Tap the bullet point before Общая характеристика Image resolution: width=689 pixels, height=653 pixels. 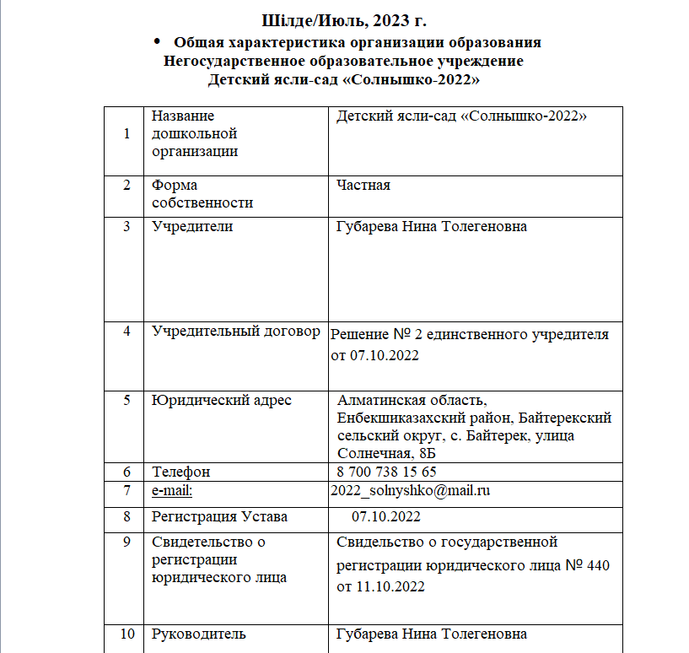click(x=155, y=41)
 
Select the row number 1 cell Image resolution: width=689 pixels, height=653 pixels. click(x=126, y=133)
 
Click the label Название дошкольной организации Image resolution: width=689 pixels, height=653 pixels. click(x=194, y=133)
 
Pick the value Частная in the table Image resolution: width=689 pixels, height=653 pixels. click(x=363, y=185)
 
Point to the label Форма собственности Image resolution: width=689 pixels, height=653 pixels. click(x=202, y=193)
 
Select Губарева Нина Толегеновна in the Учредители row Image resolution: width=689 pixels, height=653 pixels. click(x=431, y=226)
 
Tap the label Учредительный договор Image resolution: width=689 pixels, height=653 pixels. click(x=235, y=331)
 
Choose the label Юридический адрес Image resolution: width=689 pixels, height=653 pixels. click(x=222, y=400)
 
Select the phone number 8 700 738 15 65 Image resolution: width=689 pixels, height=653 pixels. click(x=386, y=472)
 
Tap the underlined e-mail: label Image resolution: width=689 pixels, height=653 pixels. click(x=172, y=490)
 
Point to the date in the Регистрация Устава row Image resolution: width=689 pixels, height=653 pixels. click(x=386, y=515)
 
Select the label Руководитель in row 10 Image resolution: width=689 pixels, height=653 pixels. click(x=199, y=634)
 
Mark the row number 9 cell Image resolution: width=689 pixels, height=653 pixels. click(x=126, y=542)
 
